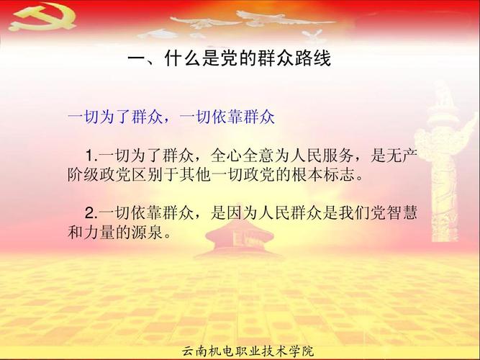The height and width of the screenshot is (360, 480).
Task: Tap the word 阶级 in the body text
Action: click(x=83, y=175)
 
